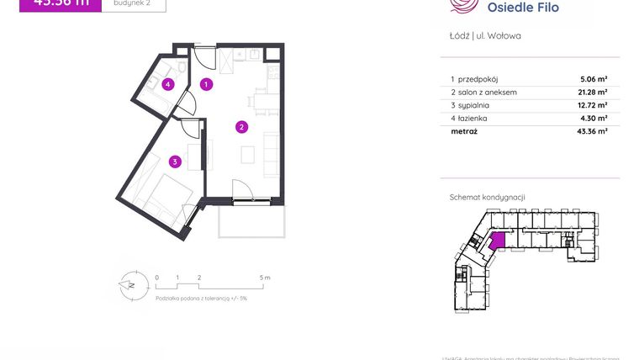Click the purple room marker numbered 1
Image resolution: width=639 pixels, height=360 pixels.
coord(207,84)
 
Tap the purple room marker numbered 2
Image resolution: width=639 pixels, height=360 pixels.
coord(241,128)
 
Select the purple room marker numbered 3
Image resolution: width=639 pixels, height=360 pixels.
coord(174,161)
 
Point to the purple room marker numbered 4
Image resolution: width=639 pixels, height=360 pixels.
coord(169,84)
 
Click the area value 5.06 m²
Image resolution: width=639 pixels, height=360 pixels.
coord(594,79)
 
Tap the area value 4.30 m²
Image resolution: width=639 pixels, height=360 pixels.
coord(594,119)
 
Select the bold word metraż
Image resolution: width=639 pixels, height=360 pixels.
coord(464,132)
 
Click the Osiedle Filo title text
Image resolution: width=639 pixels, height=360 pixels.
coord(522,8)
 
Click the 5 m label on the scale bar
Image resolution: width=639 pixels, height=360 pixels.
coord(265,277)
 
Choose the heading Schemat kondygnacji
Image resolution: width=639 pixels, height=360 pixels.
coord(488,198)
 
